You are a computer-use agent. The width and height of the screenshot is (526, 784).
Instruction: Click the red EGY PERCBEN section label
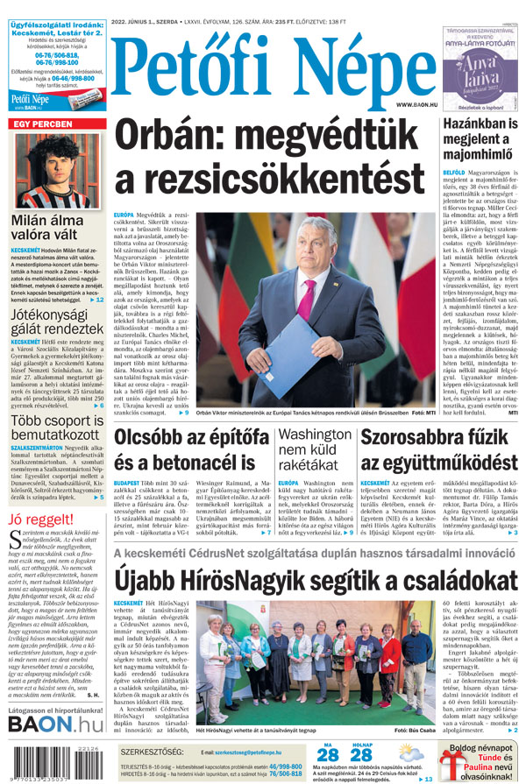[41, 124]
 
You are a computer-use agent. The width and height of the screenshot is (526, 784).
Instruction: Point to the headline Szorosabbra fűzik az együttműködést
[439, 449]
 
